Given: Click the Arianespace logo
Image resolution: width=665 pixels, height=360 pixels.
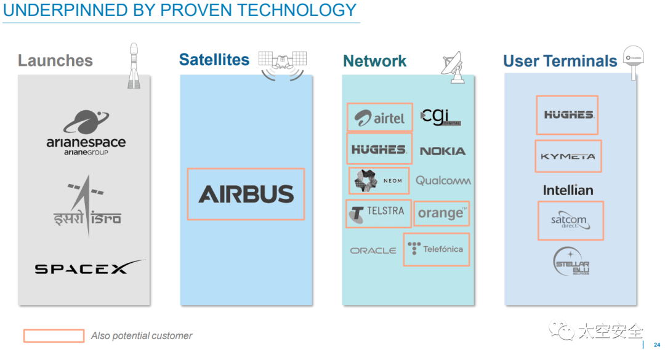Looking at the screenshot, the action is coord(86,132).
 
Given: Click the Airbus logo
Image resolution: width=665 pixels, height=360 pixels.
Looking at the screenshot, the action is coord(246,194).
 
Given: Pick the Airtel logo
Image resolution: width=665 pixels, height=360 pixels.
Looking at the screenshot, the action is coord(379,118).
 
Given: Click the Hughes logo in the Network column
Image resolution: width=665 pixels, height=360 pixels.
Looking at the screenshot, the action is coord(379,149).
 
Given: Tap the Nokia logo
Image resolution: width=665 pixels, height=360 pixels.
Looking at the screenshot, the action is coord(442,151).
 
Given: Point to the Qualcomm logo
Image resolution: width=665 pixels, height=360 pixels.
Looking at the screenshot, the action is coord(443,181).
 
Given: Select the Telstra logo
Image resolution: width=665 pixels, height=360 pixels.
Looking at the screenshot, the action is coord(377,212).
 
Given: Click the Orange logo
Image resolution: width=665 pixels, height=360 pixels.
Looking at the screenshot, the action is coord(441,213).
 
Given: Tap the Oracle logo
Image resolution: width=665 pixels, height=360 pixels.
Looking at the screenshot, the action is coord(373,250).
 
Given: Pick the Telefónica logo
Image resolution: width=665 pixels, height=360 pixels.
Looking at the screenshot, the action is coord(436,249).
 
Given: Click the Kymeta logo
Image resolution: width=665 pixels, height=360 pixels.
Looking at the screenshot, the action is coord(568,156).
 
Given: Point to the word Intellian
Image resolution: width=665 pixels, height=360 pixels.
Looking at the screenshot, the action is coord(568,190).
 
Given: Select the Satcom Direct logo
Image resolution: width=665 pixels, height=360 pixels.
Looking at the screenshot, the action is coord(570,221).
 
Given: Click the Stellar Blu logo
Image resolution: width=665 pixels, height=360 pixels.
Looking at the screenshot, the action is coord(571,261).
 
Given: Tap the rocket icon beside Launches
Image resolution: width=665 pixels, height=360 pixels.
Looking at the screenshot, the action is coord(134,66).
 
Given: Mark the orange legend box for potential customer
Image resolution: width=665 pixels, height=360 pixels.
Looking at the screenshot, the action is coord(54,336).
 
